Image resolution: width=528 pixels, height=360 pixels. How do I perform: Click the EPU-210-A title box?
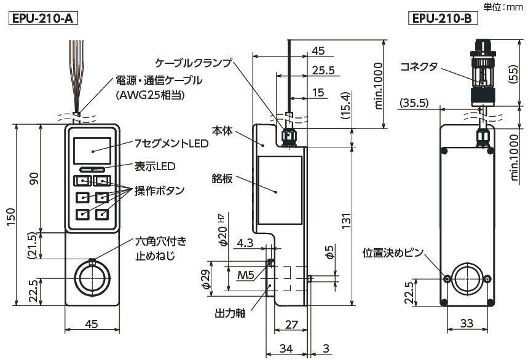(x=42, y=18)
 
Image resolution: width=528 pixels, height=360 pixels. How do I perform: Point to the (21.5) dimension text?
(x=36, y=246)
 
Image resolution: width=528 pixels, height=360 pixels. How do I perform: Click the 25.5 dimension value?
(x=323, y=70)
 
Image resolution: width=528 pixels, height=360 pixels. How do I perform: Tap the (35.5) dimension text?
(x=413, y=103)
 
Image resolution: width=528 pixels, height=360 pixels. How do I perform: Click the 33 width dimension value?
(x=467, y=323)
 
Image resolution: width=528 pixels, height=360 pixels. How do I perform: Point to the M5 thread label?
(x=245, y=275)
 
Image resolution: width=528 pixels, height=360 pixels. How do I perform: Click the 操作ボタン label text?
(x=162, y=190)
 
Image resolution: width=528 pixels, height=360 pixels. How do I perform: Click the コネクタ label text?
(x=419, y=66)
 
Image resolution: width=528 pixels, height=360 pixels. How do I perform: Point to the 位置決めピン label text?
(x=393, y=252)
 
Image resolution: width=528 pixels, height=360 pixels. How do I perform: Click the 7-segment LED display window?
(x=92, y=151)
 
